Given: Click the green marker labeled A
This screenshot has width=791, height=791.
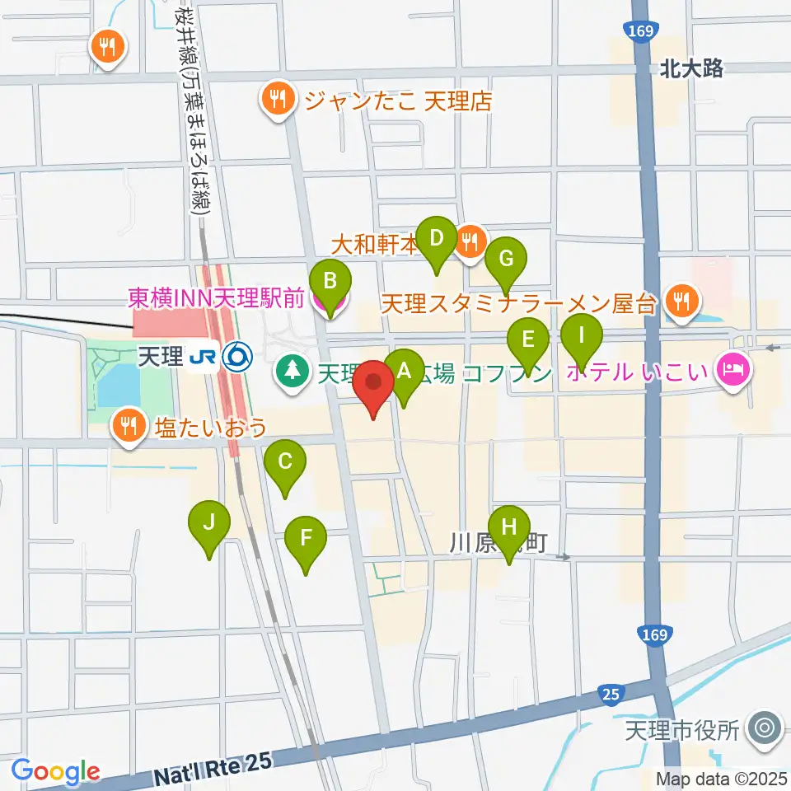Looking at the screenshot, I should (404, 371).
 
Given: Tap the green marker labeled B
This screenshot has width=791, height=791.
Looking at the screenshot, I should (330, 282).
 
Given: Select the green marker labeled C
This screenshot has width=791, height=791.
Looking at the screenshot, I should (285, 461).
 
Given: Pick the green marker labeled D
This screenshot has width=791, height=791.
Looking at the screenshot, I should (437, 239).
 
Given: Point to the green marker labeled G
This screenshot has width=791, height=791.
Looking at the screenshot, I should (506, 259).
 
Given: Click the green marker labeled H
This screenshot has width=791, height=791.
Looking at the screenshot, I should (509, 527).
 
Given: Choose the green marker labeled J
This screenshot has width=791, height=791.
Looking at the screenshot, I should (209, 522).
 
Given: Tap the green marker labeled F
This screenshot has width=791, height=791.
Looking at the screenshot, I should (306, 539).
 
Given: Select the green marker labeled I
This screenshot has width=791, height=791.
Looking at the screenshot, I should (582, 336).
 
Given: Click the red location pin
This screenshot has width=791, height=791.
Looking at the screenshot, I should (373, 384).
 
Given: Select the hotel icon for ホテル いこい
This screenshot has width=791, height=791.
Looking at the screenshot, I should (732, 368).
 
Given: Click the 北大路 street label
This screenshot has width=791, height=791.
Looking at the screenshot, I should (691, 69).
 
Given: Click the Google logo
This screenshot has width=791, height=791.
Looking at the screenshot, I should (55, 772).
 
